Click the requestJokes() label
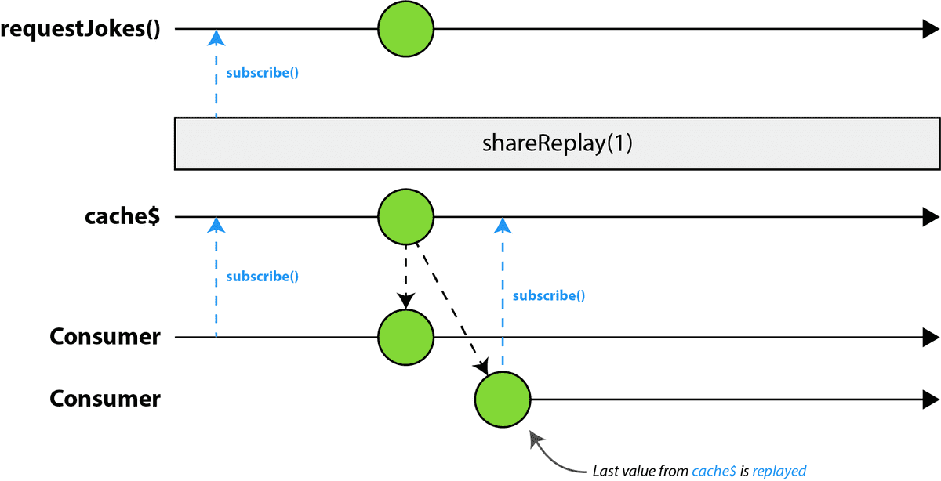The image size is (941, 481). click(80, 30)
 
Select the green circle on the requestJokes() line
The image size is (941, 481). click(406, 29)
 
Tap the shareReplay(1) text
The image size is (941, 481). click(557, 143)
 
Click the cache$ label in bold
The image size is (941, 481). click(122, 216)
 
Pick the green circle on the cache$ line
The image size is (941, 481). click(406, 216)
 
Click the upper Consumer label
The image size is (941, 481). click(105, 337)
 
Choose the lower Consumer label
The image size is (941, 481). click(105, 398)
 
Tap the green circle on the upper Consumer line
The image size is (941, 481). click(406, 338)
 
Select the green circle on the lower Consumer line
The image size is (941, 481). click(503, 400)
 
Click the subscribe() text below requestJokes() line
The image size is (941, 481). click(263, 73)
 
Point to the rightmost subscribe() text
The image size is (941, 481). click(549, 296)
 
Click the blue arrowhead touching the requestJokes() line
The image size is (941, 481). click(216, 38)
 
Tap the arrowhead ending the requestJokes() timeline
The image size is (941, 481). click(931, 29)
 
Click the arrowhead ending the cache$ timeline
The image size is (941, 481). click(931, 216)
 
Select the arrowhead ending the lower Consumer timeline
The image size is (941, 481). click(931, 400)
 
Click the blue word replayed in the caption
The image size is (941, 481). click(779, 472)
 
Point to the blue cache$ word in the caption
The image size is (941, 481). click(714, 471)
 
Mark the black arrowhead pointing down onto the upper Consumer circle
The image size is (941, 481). click(406, 302)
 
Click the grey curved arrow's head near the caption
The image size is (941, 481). click(537, 439)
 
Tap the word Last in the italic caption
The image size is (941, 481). click(604, 471)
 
